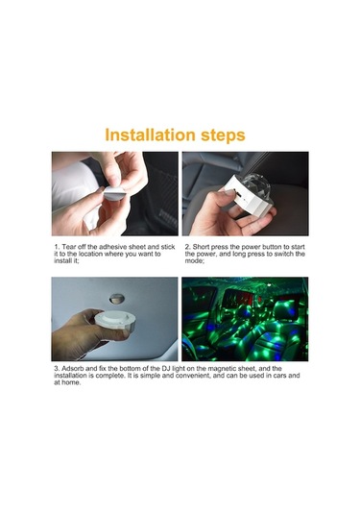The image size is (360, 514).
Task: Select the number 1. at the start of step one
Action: click(56, 247)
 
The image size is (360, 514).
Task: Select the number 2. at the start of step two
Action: click(186, 247)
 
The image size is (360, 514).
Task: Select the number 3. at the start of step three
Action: click(56, 368)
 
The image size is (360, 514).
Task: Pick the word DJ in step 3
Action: click(182, 368)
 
